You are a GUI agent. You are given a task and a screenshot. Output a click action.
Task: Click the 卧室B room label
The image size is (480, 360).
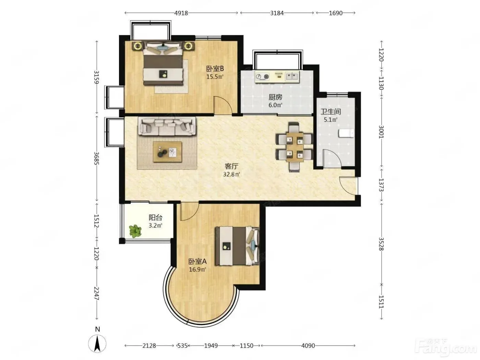(x=215, y=69)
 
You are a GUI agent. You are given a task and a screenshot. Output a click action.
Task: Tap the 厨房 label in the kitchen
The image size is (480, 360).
(x=275, y=97)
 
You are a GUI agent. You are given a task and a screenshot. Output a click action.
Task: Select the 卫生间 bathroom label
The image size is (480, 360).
(x=331, y=112)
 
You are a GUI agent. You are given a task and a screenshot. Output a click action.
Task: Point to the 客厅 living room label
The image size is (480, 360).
(x=231, y=167)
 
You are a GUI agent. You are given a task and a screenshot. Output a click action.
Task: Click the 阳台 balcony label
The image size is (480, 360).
(x=155, y=217)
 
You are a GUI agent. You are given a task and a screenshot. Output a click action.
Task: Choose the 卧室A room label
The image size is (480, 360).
(x=197, y=261)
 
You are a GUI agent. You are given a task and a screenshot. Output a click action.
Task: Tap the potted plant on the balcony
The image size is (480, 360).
(x=135, y=231)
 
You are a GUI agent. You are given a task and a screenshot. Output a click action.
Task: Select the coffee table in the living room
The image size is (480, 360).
(x=168, y=152)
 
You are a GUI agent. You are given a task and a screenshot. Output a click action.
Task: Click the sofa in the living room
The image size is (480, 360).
(x=167, y=126)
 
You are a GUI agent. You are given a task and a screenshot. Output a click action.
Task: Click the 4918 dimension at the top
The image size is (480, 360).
(x=181, y=13)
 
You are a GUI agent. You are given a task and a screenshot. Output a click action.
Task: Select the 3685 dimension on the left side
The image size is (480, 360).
(x=97, y=158)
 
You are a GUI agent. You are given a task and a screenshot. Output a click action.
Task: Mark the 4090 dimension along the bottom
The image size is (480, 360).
(x=308, y=346)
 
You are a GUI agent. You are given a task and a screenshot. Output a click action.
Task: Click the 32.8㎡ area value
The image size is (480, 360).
(x=231, y=175)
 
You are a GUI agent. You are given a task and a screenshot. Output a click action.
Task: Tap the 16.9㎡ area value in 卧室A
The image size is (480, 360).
(x=197, y=269)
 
